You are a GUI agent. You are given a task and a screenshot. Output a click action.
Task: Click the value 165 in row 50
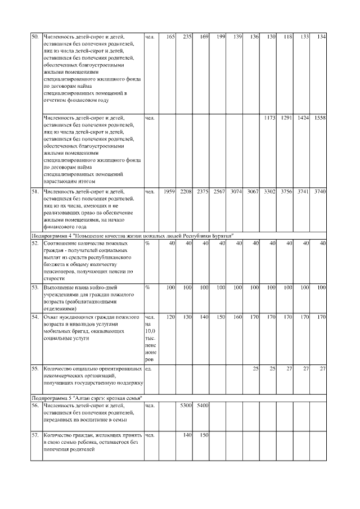coord(170,37)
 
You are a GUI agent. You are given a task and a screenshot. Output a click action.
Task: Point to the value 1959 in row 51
coord(169,192)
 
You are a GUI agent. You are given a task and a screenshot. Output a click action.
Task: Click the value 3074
coord(236,192)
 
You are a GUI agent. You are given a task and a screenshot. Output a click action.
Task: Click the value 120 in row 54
coord(170,317)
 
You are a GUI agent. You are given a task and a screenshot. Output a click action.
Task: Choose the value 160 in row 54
coord(237,317)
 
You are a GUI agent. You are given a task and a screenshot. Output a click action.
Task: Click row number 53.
coord(34,287)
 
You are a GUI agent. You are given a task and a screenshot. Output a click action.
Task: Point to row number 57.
coord(34,435)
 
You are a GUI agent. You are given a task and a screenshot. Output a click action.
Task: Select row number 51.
coord(34,192)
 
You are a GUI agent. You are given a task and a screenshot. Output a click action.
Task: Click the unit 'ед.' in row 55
coord(148,369)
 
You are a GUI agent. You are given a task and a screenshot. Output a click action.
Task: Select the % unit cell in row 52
coord(147,243)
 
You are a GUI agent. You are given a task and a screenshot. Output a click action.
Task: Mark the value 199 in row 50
coord(220,37)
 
